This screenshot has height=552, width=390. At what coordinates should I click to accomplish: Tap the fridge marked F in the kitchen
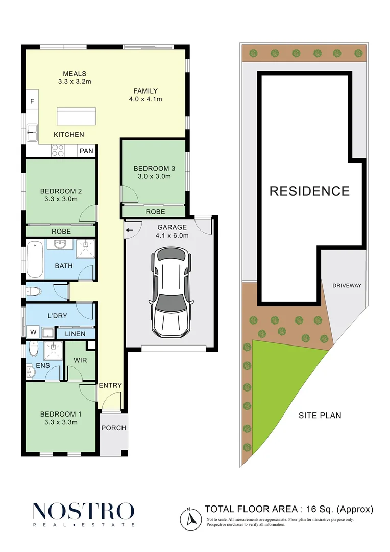[32, 101]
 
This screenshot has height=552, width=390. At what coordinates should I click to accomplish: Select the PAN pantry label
[86, 151]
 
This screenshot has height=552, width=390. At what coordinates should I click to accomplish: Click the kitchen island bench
[76, 116]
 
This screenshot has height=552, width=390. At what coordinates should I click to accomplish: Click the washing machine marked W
[33, 332]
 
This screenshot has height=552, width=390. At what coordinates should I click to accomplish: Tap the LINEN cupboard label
[75, 334]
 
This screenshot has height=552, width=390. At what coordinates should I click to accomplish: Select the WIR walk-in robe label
[80, 360]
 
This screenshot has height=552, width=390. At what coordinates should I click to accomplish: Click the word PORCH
[114, 428]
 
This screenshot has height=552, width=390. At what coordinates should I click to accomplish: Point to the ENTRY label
[110, 386]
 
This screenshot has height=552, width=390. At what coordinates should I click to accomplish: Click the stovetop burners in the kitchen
[58, 151]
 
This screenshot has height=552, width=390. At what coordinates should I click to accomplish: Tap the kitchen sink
[33, 133]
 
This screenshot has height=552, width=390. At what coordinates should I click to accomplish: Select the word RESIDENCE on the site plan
[309, 191]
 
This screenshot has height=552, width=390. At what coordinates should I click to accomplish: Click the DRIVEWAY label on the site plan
[347, 286]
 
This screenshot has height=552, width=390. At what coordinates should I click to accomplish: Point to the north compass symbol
[190, 519]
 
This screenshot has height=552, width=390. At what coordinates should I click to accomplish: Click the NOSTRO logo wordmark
[84, 511]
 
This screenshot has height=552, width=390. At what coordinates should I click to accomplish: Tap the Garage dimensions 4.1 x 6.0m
[172, 236]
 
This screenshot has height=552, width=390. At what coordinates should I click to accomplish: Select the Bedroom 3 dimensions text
[154, 176]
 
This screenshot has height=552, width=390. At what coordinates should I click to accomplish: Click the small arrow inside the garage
[130, 231]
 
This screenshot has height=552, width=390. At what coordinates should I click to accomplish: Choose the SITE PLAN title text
[320, 416]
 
